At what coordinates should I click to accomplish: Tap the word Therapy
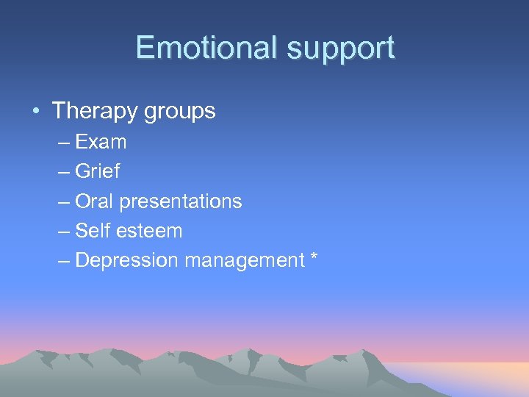tap(93, 112)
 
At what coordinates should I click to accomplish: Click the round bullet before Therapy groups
tap(35, 112)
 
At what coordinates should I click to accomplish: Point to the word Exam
tap(101, 141)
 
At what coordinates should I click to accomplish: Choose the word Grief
tap(97, 171)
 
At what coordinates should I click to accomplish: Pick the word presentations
tap(180, 201)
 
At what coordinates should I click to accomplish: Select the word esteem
tap(148, 230)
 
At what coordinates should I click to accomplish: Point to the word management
tap(244, 260)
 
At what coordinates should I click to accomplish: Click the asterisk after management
tap(314, 257)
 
